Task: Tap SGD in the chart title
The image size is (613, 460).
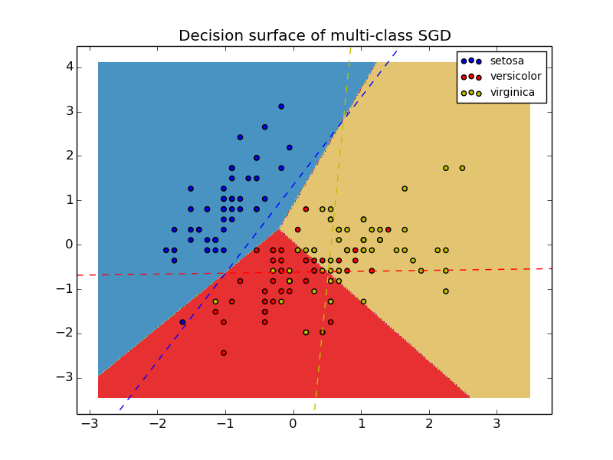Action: coord(434,36)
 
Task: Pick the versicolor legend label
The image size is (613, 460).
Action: coord(515,77)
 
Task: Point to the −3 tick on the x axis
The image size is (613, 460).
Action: coord(90,424)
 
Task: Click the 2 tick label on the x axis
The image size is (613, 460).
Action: coord(428,424)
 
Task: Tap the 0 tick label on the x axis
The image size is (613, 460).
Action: coord(293,424)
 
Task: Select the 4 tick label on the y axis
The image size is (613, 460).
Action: coord(69,67)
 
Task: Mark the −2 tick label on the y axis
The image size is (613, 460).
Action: coord(66,333)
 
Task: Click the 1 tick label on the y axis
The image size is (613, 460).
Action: coord(69,200)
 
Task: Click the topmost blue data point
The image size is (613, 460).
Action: coord(281,107)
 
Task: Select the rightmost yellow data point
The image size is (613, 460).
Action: coord(462,168)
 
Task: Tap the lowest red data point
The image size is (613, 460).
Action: coord(224,353)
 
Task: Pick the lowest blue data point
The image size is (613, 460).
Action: coord(182,322)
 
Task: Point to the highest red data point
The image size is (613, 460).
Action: coord(306,209)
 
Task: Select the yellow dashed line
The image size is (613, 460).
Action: coord(322,337)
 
